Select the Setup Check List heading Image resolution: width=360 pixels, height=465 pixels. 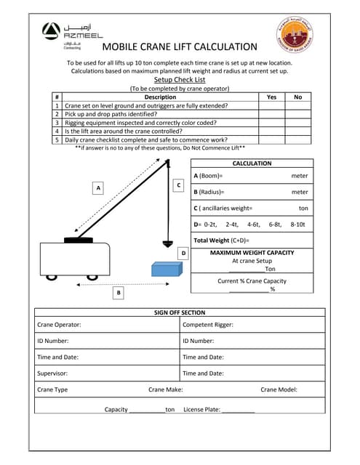click(x=179, y=80)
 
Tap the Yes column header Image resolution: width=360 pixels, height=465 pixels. click(x=271, y=97)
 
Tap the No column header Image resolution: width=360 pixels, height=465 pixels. click(x=297, y=97)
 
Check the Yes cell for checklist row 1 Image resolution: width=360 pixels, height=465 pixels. click(x=271, y=105)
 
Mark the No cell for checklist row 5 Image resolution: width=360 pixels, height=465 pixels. click(x=297, y=139)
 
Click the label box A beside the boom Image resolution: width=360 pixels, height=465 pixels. click(x=97, y=187)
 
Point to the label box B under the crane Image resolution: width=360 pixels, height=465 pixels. click(x=119, y=292)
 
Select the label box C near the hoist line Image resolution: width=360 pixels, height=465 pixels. click(x=178, y=186)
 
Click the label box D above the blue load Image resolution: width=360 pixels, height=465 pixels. click(x=183, y=253)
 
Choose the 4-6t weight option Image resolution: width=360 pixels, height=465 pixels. click(x=254, y=225)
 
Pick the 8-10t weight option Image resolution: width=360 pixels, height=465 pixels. click(x=298, y=225)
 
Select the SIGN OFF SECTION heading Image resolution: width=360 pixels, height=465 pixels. click(x=179, y=312)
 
